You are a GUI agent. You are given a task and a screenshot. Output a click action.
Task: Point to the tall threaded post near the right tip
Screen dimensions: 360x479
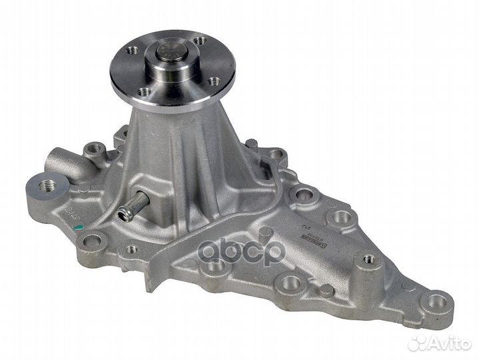(367, 260)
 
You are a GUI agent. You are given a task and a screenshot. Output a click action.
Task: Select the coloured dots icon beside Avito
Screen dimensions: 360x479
(418, 343)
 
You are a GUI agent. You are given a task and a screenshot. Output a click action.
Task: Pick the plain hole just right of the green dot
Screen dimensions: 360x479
(94, 240)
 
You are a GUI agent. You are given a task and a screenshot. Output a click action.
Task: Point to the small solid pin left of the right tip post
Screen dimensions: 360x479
(326, 290)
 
